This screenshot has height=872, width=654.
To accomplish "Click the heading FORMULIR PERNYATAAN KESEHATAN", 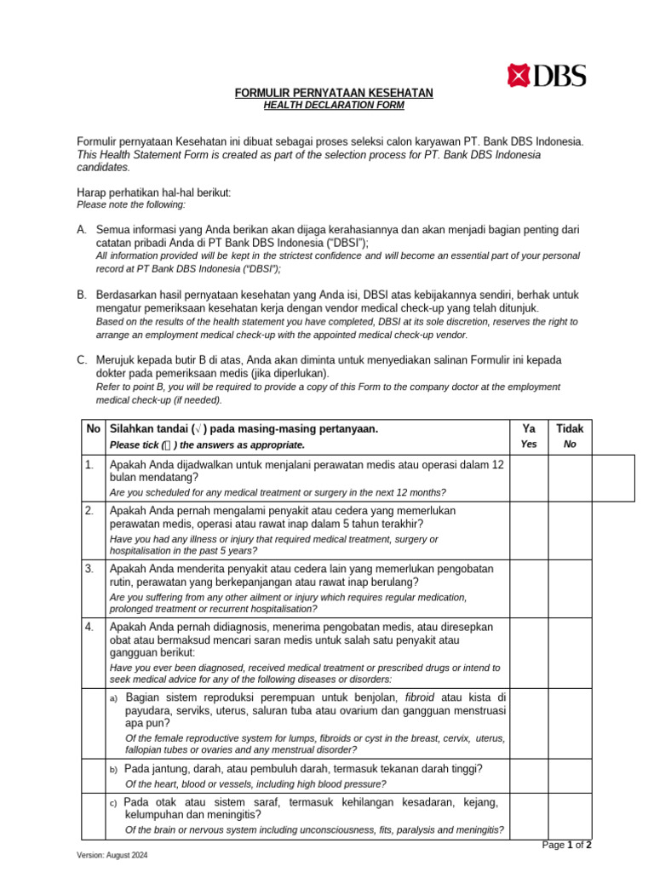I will (334, 93).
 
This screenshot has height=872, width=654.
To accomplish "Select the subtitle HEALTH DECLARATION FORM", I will (334, 105).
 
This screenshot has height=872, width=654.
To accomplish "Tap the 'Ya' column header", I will (529, 428).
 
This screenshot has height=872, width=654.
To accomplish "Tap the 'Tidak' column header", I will (571, 428).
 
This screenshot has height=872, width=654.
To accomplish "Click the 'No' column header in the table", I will (93, 428).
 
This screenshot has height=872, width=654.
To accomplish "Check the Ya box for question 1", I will (529, 478).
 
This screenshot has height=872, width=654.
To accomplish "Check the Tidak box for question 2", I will (571, 529).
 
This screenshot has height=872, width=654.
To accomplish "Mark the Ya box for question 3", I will (529, 587).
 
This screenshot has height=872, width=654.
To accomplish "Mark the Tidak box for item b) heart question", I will (571, 776).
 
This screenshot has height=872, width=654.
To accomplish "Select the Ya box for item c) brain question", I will (529, 816).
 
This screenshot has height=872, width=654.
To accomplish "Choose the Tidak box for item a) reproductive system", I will (571, 723).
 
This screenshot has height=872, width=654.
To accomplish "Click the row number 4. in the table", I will (89, 627).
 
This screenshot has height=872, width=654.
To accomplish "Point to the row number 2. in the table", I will (89, 510).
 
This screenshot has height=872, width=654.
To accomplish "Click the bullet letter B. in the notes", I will (82, 295).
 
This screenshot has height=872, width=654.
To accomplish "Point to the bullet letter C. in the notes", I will (82, 360).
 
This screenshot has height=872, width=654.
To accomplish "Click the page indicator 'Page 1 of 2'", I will (567, 845).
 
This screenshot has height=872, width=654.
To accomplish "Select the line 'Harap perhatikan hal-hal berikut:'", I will (154, 192).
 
